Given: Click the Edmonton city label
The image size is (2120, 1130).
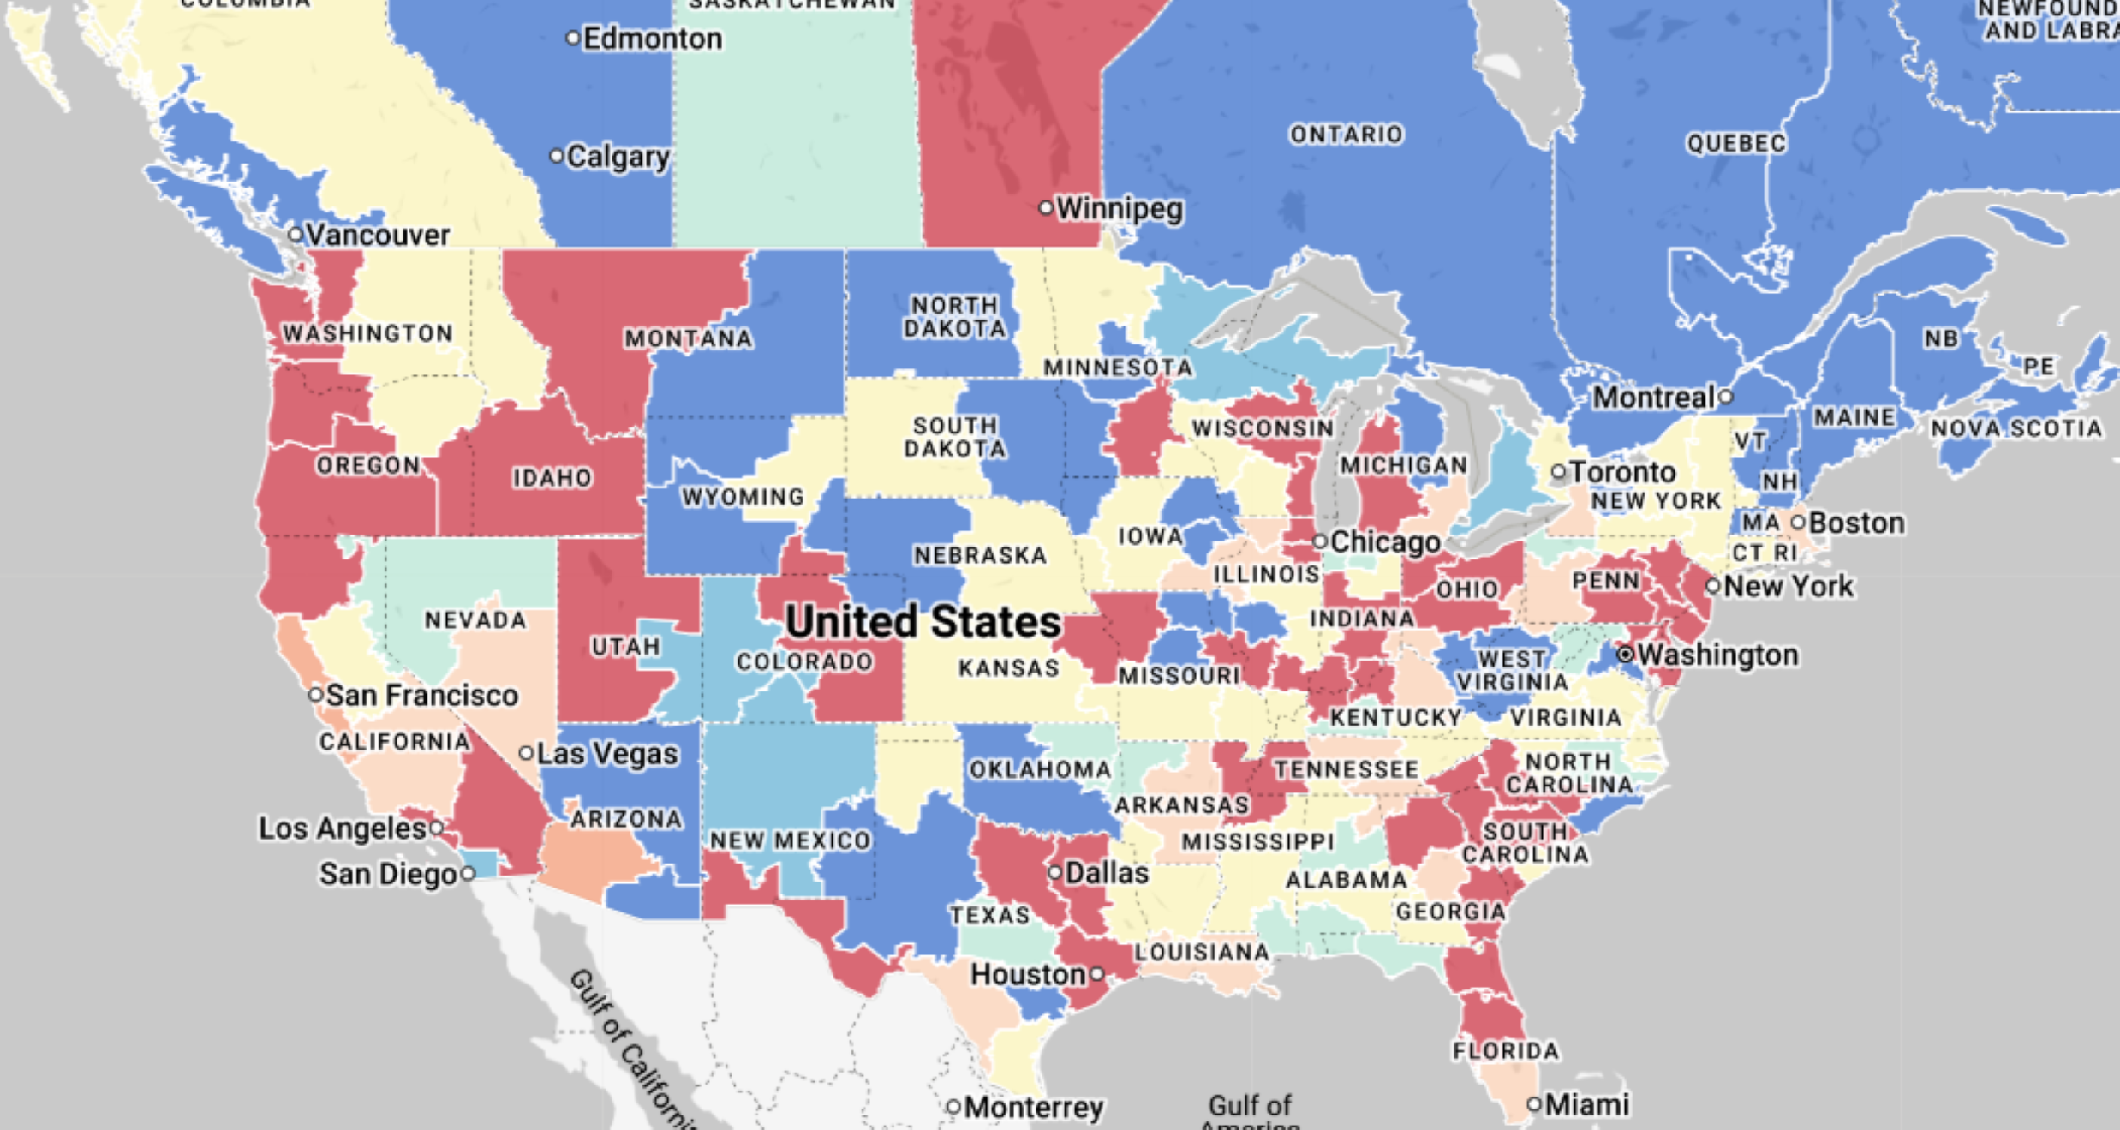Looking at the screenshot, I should (x=652, y=39).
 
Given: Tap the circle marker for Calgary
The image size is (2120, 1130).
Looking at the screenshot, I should (x=557, y=156).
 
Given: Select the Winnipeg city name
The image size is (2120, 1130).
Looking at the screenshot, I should (x=1119, y=208).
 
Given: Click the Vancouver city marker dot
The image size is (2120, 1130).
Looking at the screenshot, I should (x=295, y=234).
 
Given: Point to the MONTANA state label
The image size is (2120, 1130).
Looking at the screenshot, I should (x=689, y=339).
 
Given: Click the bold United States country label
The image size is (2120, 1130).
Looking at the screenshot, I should (x=923, y=622).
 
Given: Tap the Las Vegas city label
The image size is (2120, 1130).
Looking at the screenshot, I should (x=607, y=754).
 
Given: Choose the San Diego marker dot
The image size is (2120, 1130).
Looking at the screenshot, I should (x=468, y=874).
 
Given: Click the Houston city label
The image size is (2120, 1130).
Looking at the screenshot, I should (x=1028, y=974).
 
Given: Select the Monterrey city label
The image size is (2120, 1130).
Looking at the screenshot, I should (x=1034, y=1107).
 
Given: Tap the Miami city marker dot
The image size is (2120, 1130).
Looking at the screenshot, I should (x=1534, y=1104).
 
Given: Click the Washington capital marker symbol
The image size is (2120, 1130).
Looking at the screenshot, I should (x=1625, y=655).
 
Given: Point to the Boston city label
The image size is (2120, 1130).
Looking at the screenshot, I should (x=1856, y=523).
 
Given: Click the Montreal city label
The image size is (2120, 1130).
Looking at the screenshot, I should (x=1653, y=398).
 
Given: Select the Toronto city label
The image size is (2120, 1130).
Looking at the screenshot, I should (x=1622, y=472).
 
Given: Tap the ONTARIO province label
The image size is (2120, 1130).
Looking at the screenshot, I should (x=1347, y=135).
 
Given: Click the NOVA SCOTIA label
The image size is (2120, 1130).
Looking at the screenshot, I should (x=2016, y=428).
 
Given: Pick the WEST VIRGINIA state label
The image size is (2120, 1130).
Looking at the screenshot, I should (x=1512, y=671).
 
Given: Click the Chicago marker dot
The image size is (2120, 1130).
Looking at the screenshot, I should (x=1320, y=541).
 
